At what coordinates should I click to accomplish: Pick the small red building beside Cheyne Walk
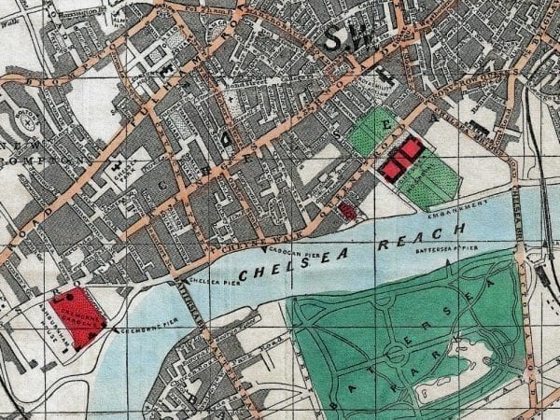point(347,212)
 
